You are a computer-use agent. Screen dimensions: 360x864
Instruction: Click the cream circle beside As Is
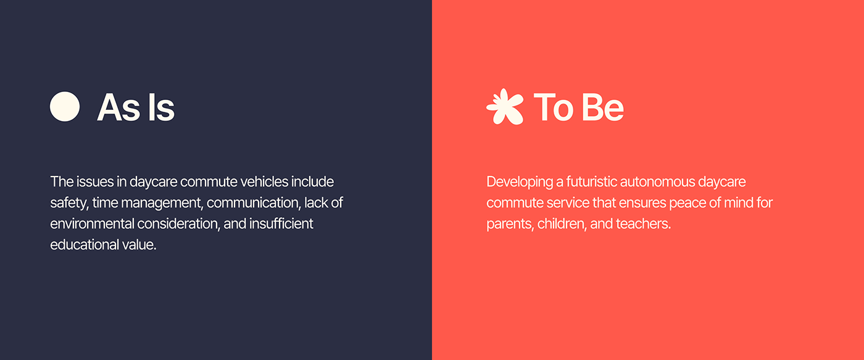[x=65, y=107]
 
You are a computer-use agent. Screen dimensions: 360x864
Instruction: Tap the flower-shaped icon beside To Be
[x=504, y=107]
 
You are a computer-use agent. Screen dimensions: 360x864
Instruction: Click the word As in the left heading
[x=115, y=107]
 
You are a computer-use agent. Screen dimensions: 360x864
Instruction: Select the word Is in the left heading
[x=160, y=107]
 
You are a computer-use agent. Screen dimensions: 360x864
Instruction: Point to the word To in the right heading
[x=553, y=107]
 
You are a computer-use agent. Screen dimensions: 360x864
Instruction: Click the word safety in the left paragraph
[x=69, y=203]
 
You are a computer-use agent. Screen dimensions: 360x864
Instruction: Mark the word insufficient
[x=281, y=224]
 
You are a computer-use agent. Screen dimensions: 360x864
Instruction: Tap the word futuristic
[x=588, y=182]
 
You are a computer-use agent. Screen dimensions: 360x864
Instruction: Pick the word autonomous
[x=657, y=182]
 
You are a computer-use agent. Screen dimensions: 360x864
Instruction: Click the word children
[x=562, y=224]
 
